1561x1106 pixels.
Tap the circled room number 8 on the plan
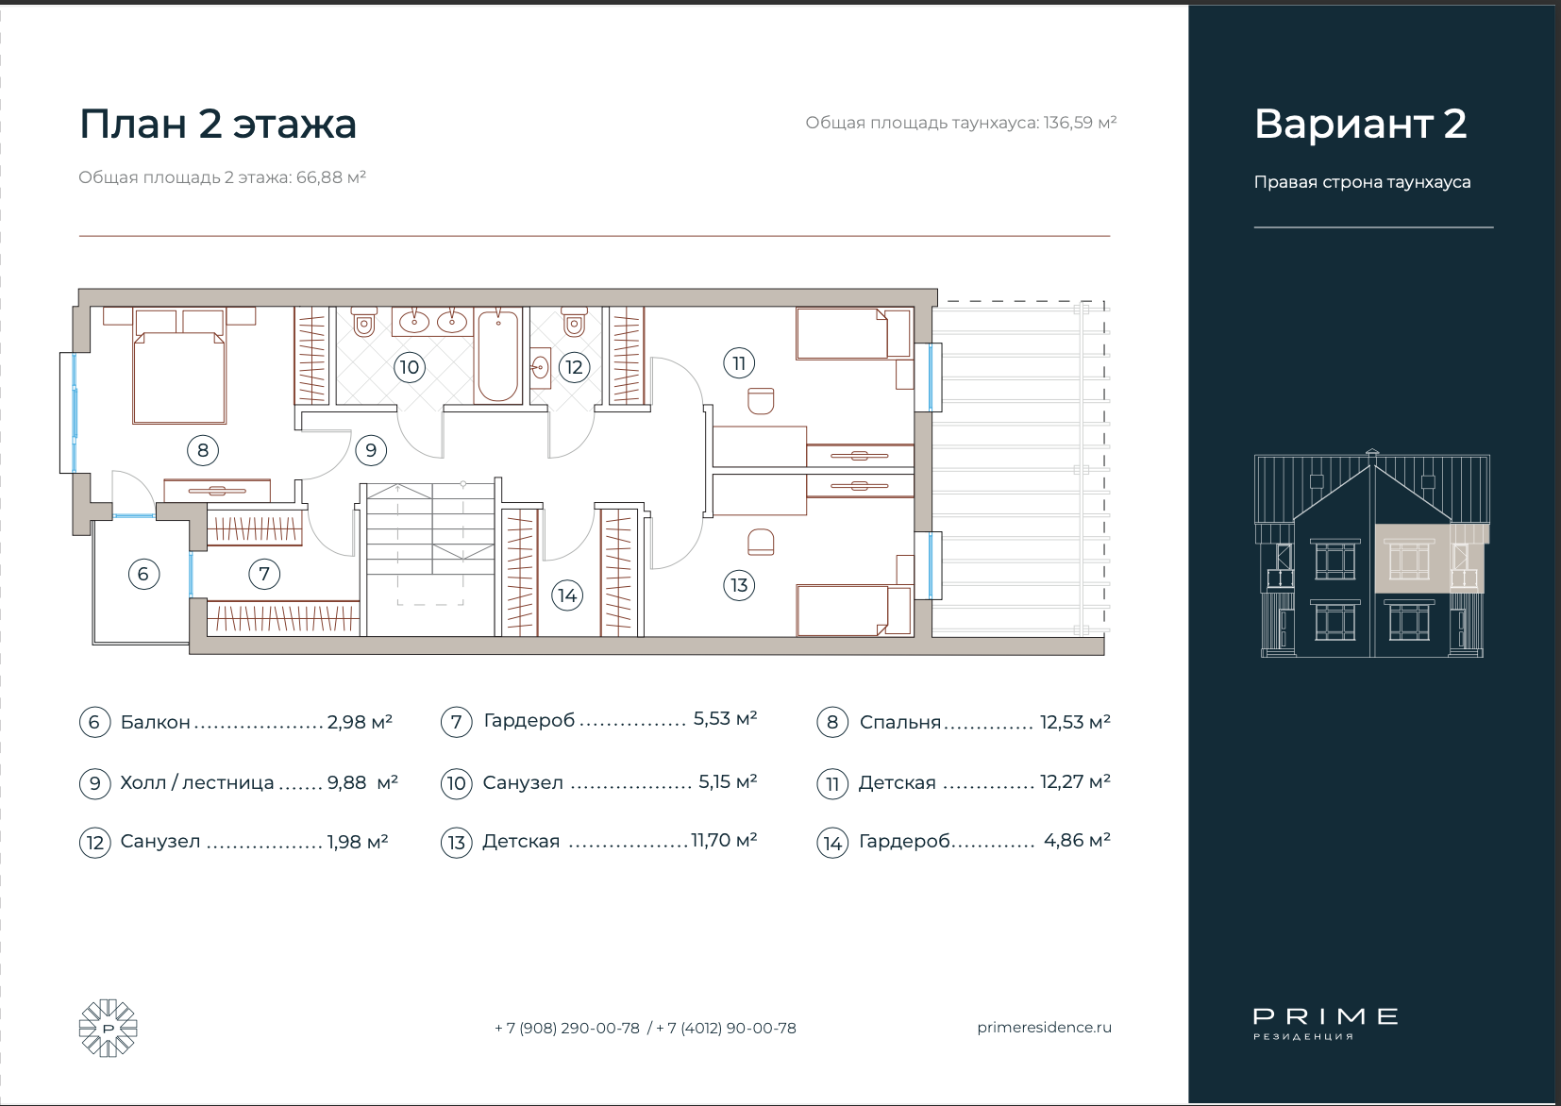(x=203, y=450)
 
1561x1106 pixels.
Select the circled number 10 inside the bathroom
(x=409, y=366)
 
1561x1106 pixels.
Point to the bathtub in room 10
(x=497, y=356)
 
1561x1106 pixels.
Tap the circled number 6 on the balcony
(x=143, y=575)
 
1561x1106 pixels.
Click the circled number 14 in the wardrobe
(x=567, y=595)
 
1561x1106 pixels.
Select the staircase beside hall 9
(x=430, y=558)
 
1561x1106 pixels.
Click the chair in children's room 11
(x=761, y=401)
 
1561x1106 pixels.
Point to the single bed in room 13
(x=854, y=612)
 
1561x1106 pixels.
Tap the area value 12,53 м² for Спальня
(x=1075, y=722)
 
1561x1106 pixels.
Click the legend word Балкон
(x=156, y=722)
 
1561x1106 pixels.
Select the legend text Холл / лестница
(x=197, y=782)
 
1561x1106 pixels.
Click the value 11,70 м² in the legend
(x=724, y=841)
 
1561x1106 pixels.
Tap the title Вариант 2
(x=1360, y=124)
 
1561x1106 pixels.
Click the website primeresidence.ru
(x=1044, y=1028)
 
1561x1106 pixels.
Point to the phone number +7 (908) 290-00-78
(x=567, y=1028)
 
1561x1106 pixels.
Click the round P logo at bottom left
(x=108, y=1028)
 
